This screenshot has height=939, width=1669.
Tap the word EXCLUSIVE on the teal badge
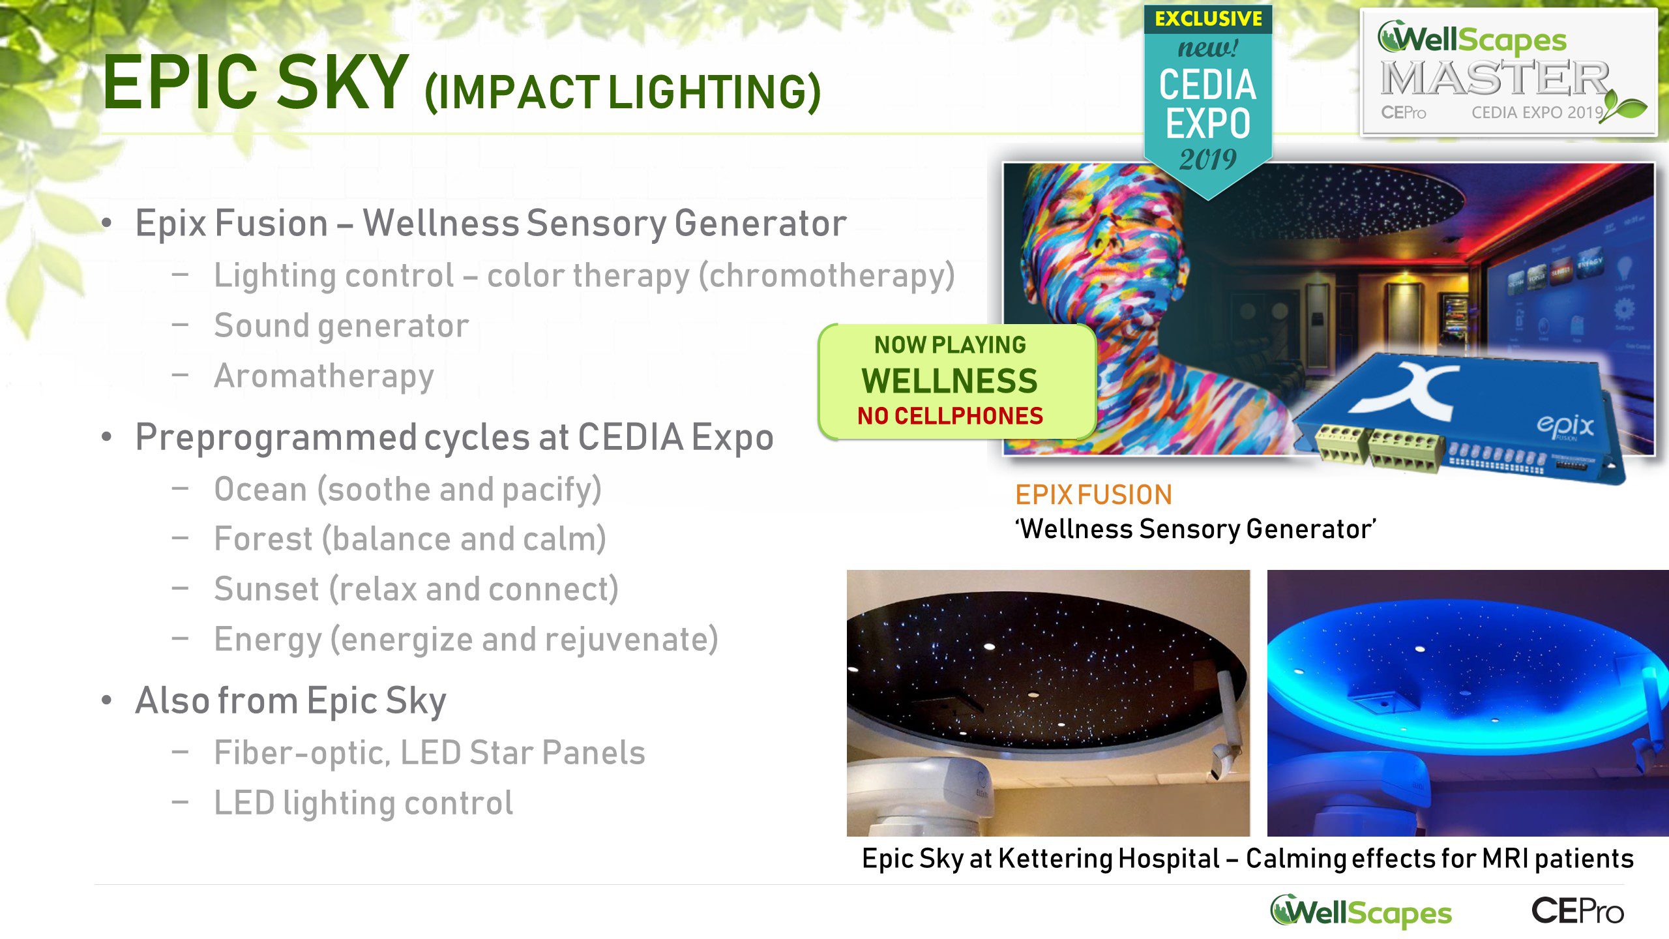click(1208, 19)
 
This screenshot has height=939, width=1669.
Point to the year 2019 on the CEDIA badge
click(1207, 159)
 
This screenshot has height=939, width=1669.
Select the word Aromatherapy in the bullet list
click(324, 376)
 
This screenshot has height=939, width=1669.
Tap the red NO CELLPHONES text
click(950, 415)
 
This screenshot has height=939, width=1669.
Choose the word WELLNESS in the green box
click(949, 381)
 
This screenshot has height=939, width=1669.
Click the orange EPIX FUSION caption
click(1093, 495)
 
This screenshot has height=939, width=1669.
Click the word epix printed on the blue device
click(1565, 425)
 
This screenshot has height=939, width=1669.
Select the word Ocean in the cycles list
click(261, 489)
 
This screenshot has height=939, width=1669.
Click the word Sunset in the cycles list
click(267, 589)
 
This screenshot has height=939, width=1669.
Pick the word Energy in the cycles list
click(268, 640)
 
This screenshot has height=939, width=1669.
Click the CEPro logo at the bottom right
click(1578, 911)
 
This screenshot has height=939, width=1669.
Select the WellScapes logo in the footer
click(1361, 912)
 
